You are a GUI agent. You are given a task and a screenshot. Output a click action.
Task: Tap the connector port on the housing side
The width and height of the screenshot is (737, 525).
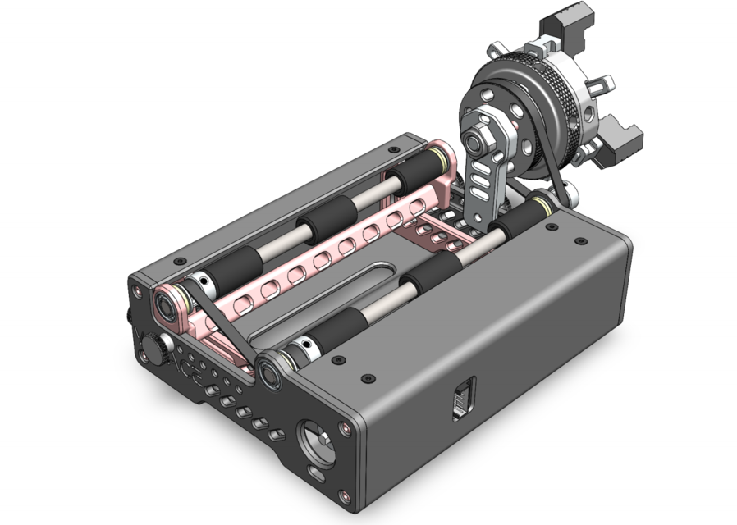pos(463,401)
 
